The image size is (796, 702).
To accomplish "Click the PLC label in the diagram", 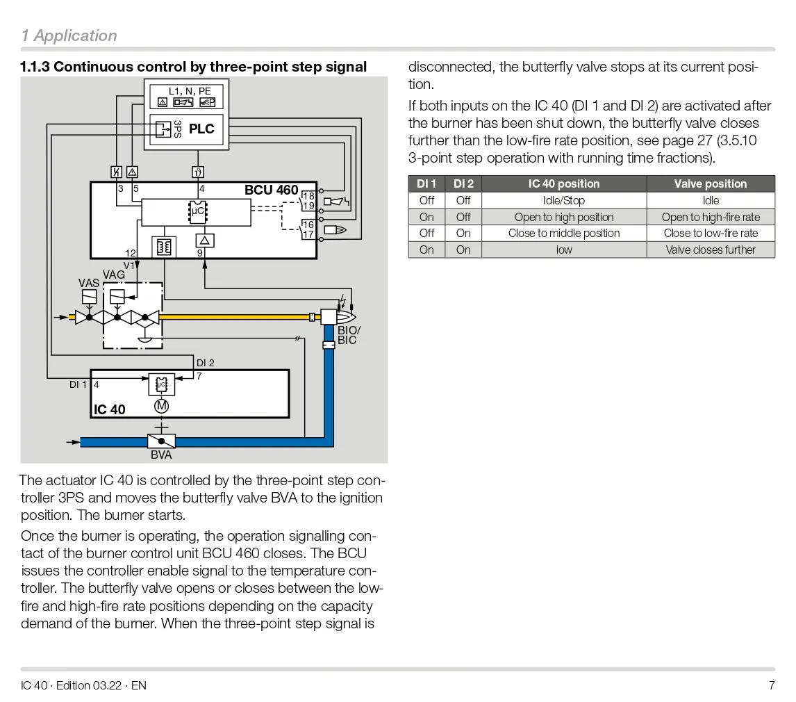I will (201, 129).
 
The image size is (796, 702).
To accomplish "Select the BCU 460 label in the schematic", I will (271, 190).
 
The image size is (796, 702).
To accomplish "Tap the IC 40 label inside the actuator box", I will (110, 409).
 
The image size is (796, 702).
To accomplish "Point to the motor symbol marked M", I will (161, 405).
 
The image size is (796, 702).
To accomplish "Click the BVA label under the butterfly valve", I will (161, 455).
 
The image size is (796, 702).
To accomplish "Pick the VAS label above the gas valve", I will (89, 284).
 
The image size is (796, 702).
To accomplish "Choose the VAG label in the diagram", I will (114, 275).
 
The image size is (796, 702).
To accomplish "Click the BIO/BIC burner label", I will (349, 335).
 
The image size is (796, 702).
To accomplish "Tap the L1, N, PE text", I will (190, 91).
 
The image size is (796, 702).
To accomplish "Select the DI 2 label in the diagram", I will (206, 363).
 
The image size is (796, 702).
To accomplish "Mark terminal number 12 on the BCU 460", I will (131, 253).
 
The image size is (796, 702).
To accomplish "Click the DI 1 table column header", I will (426, 184).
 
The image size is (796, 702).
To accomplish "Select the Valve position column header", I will (710, 184).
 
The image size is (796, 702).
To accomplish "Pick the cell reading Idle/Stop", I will (563, 201).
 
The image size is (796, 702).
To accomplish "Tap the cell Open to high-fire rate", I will (710, 217).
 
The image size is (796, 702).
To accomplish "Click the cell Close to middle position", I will (563, 234).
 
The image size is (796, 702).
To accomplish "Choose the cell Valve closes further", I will (710, 250).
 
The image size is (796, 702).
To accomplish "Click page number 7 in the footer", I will (771, 685).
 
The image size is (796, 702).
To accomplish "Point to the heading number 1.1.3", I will (35, 67).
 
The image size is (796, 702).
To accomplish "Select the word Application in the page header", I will (75, 35).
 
